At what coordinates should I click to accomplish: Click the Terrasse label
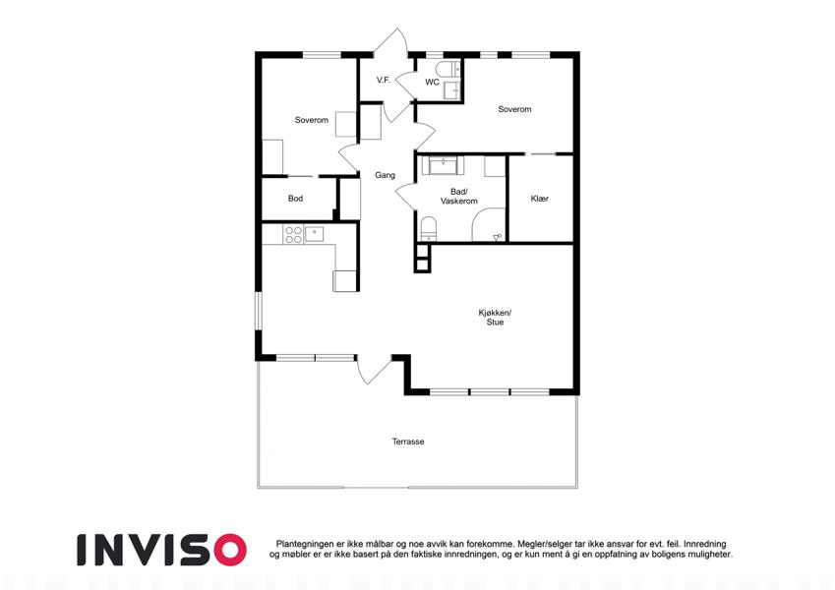[408, 442]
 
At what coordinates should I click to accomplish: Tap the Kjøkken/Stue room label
[495, 318]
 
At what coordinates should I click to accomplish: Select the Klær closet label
[539, 199]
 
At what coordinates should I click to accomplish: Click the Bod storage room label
[296, 199]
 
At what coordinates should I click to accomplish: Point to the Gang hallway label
[385, 175]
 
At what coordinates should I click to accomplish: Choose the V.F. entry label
[384, 81]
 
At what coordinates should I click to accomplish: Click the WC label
[432, 82]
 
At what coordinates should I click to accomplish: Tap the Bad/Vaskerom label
[458, 197]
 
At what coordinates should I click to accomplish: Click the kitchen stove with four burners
[293, 235]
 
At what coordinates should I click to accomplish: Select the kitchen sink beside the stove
[314, 233]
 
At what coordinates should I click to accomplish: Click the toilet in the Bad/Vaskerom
[428, 229]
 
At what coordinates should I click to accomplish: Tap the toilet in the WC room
[446, 69]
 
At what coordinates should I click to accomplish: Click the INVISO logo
[162, 550]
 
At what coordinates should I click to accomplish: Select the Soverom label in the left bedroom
[312, 120]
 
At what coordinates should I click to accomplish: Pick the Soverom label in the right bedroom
[514, 109]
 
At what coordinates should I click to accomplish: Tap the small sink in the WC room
[452, 91]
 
